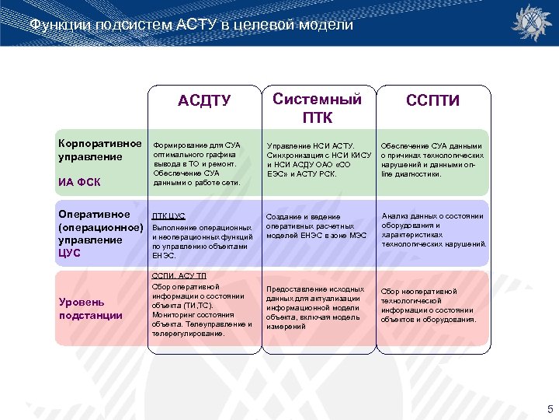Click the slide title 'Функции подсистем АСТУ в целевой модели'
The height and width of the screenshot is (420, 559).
point(191,26)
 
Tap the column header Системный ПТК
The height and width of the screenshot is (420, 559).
point(317,108)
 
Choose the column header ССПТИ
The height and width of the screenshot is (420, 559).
point(433,100)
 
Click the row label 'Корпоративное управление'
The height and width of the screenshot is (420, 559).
point(100,150)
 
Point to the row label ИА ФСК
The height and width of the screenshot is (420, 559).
point(78,182)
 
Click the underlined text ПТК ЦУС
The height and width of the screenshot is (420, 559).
point(168,215)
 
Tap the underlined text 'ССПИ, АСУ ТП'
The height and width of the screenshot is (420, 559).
point(179,276)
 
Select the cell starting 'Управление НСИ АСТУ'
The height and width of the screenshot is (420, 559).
point(317,159)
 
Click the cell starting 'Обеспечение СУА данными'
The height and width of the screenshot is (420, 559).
point(432,159)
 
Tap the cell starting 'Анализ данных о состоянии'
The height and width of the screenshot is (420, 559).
point(433,229)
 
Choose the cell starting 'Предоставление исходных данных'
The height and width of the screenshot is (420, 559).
point(314,307)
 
